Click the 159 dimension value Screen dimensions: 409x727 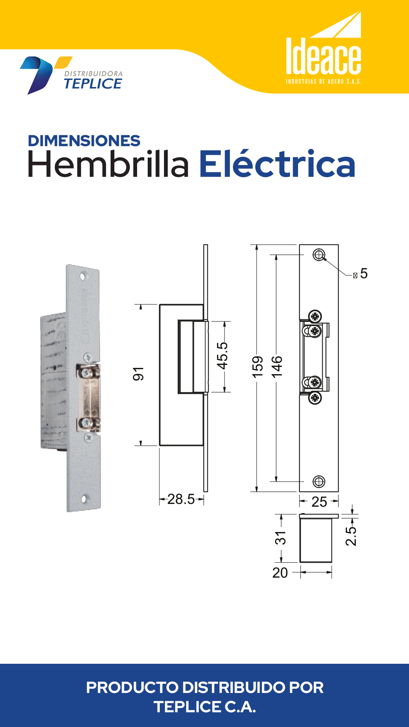point(258,367)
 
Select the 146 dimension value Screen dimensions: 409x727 point(277,367)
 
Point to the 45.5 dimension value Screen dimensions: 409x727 point(222,356)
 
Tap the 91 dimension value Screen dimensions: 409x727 point(138,374)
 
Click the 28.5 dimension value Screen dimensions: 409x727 point(181,499)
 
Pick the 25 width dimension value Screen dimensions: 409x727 point(319,502)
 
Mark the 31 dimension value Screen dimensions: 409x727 point(281,538)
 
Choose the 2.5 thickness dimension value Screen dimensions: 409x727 point(351,536)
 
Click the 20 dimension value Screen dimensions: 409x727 point(280,573)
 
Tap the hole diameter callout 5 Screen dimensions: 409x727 point(364,273)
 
